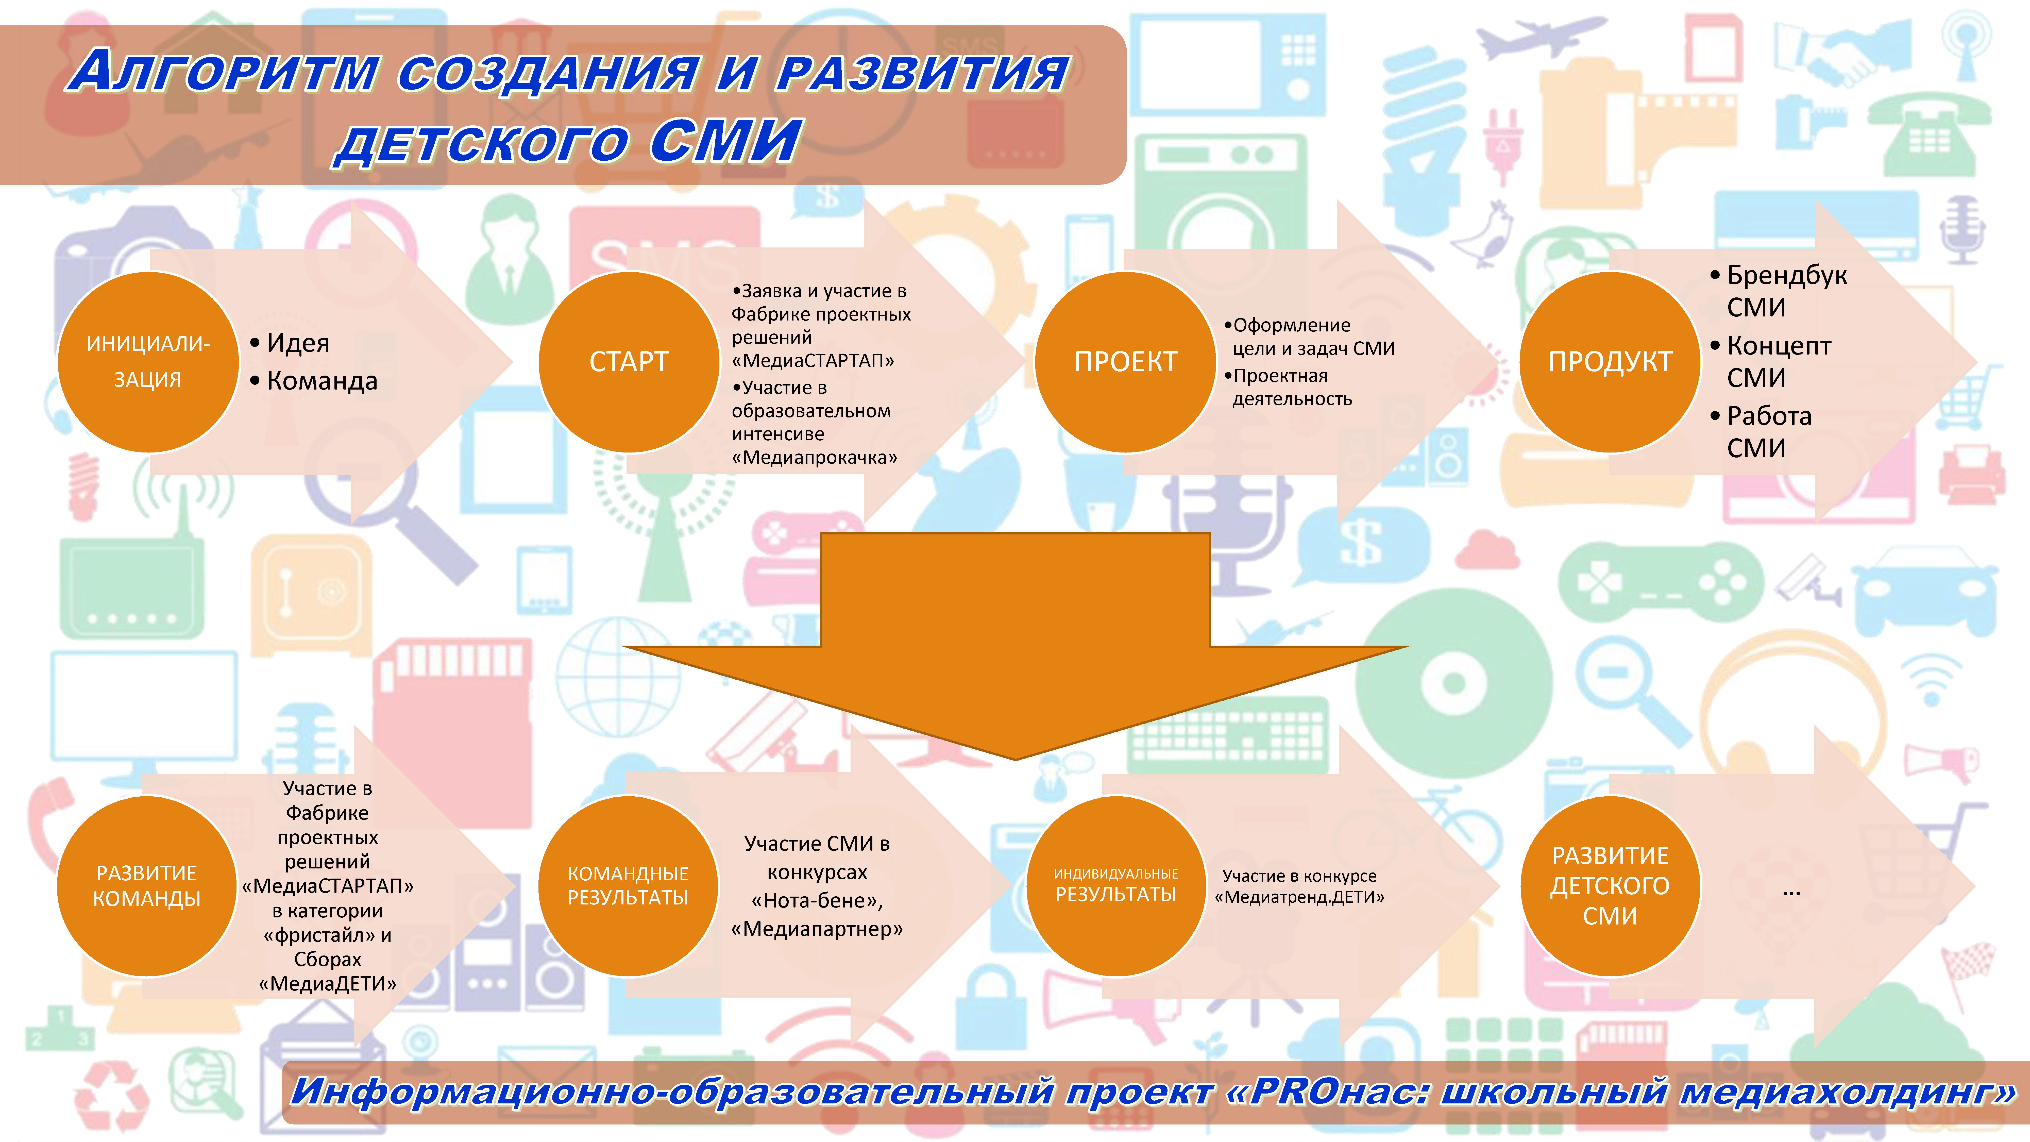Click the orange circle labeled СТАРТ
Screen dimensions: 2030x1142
pyautogui.click(x=629, y=362)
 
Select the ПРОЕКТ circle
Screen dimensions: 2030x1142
pyautogui.click(x=1125, y=362)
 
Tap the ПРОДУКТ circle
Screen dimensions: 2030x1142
pyautogui.click(x=1610, y=362)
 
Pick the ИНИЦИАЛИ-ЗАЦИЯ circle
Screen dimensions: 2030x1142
pyautogui.click(x=148, y=362)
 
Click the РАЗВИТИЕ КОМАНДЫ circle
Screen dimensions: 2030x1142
pyautogui.click(x=147, y=886)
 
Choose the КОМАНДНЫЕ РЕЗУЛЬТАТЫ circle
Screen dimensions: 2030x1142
pyautogui.click(x=628, y=886)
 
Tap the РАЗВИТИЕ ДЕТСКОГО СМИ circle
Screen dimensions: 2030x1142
pyautogui.click(x=1610, y=886)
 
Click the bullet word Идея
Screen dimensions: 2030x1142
pyautogui.click(x=298, y=343)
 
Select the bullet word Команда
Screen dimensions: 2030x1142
pyautogui.click(x=322, y=381)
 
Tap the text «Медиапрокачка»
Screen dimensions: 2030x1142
pyautogui.click(x=814, y=457)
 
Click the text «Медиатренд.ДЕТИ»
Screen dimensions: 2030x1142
pyautogui.click(x=1299, y=897)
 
